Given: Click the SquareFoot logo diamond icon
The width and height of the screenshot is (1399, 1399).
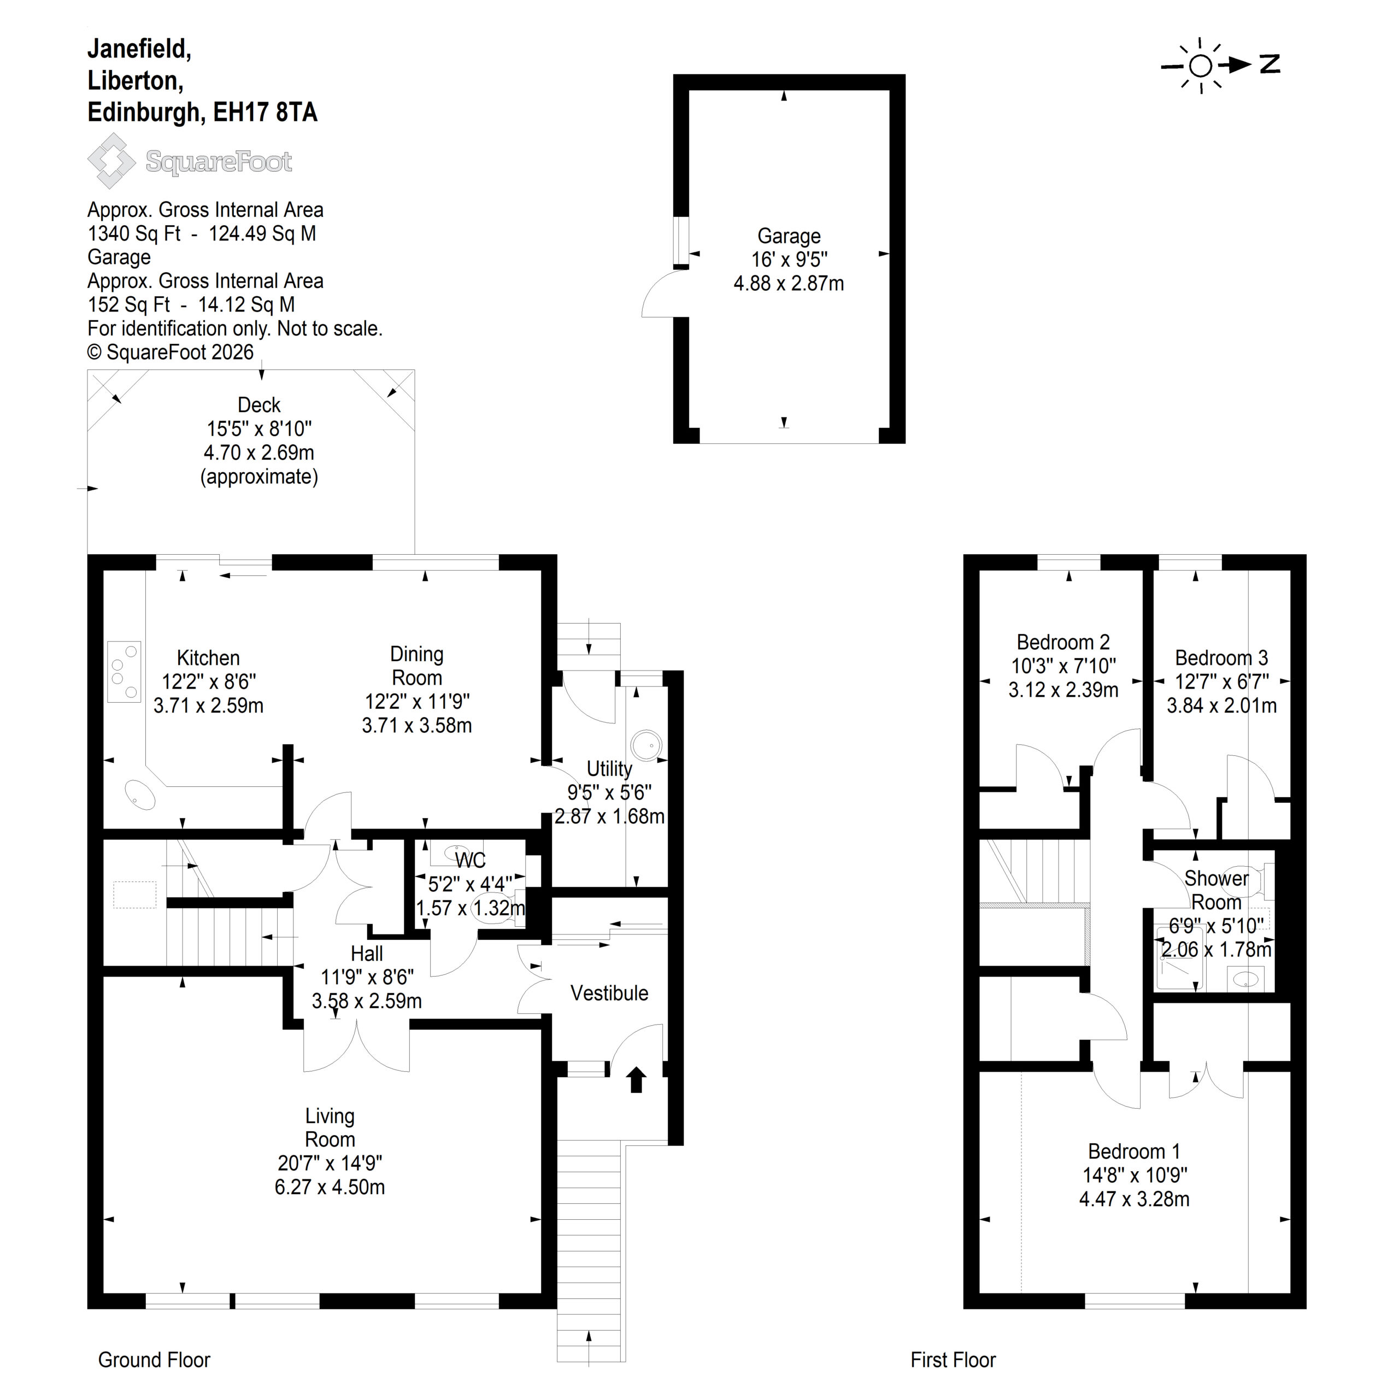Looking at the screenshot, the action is (x=111, y=160).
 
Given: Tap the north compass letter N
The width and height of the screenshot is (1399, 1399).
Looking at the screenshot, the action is (x=1270, y=64).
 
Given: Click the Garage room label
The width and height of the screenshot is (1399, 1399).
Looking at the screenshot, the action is (x=789, y=236).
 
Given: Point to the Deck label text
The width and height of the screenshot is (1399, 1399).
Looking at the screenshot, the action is (x=258, y=405).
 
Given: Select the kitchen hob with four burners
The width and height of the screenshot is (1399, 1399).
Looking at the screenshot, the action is (x=124, y=671).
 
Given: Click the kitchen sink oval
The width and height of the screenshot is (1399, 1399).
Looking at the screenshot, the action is (x=140, y=795).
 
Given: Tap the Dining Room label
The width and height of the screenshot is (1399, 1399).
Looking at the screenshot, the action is (x=416, y=666).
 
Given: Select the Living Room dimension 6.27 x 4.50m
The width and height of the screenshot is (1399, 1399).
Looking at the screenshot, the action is (x=330, y=1187).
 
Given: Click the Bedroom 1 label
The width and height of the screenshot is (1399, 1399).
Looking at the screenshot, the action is (x=1134, y=1151).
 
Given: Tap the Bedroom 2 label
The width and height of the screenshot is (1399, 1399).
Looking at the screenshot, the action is (x=1063, y=642).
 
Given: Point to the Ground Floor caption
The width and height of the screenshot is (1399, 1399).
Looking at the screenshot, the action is (x=154, y=1360).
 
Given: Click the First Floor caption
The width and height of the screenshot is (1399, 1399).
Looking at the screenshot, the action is (x=953, y=1360).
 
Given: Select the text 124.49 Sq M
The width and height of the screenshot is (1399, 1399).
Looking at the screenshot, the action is (x=262, y=233).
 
